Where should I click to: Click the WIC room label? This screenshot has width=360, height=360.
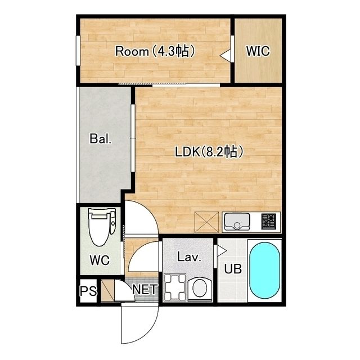(258, 51)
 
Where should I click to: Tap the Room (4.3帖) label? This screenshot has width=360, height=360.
(155, 51)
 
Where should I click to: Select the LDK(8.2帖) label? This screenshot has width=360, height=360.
(209, 151)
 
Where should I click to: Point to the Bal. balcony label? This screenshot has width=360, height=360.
(101, 139)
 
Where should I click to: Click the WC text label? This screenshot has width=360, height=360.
(100, 260)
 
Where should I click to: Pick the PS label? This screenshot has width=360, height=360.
(88, 291)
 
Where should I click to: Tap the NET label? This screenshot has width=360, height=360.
(145, 289)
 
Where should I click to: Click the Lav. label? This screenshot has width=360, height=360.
(189, 257)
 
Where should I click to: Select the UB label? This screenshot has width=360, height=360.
(233, 269)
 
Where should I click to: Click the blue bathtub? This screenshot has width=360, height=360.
(265, 271)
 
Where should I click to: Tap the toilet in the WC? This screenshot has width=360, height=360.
(102, 227)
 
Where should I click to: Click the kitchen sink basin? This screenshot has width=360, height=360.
(237, 222)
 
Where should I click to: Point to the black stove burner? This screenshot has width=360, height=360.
(269, 222)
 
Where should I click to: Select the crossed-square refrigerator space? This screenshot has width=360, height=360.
(206, 222)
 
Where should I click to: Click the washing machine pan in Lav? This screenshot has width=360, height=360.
(175, 287)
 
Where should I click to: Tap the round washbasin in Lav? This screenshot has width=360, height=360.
(200, 289)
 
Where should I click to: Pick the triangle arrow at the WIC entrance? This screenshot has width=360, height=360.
(226, 55)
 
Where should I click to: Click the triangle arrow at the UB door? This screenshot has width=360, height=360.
(221, 251)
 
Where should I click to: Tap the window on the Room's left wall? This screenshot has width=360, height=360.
(78, 51)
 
